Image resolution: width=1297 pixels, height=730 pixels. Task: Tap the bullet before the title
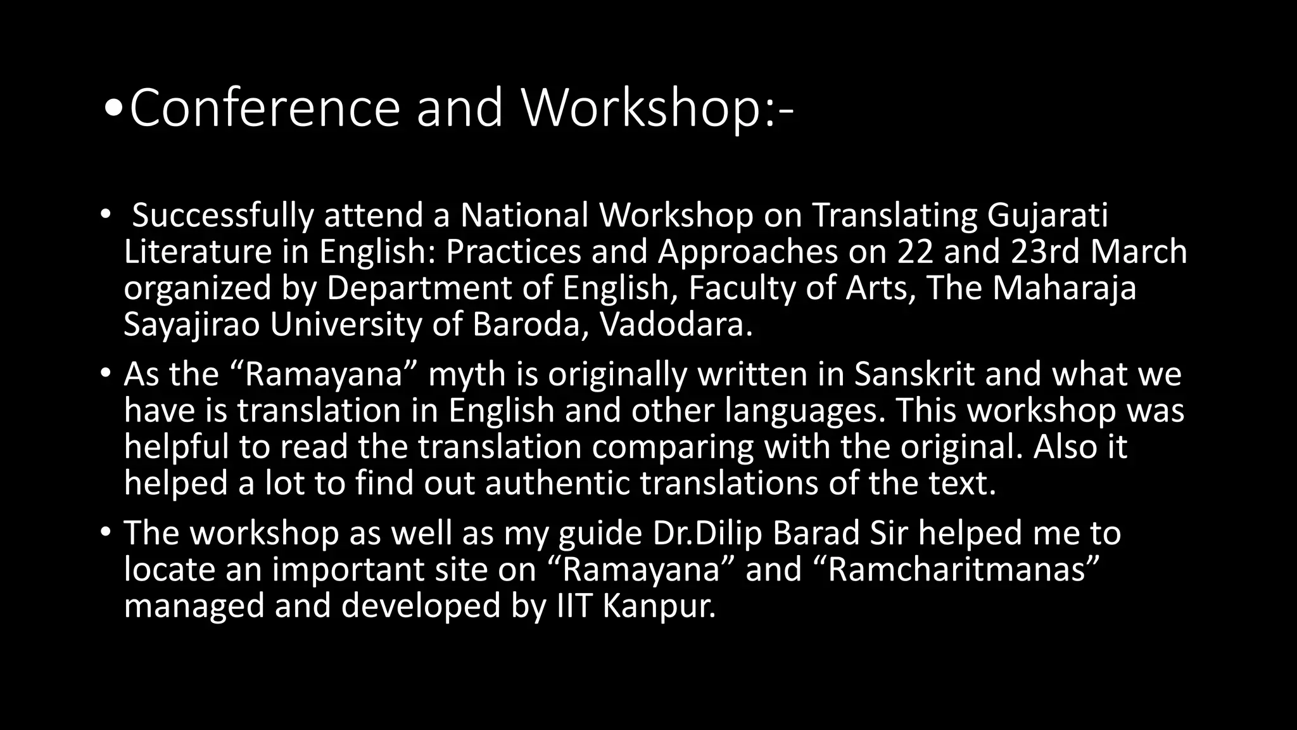tap(113, 109)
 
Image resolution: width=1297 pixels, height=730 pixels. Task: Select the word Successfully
tap(222, 215)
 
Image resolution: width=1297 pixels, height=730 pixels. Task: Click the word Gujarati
tap(1047, 215)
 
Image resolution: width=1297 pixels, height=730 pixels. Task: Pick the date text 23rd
tap(1045, 252)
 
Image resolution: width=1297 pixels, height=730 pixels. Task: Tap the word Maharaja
tap(1064, 288)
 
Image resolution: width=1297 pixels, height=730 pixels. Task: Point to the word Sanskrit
tap(914, 374)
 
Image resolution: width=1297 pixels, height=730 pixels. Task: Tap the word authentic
tap(557, 483)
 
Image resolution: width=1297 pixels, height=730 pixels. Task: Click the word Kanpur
tap(659, 606)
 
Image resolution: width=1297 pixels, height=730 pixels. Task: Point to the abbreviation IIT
tap(574, 606)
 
